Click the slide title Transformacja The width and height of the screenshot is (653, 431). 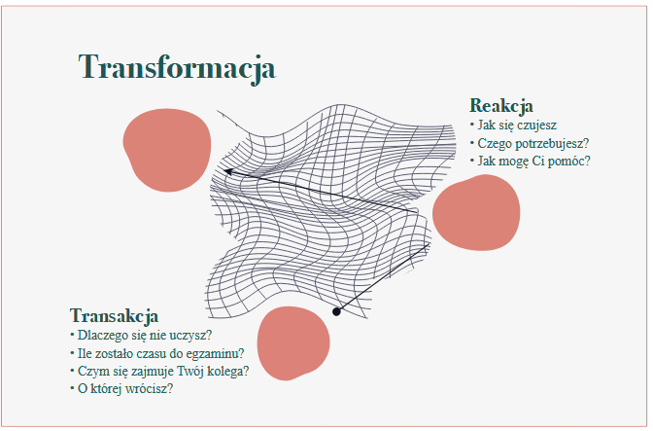pyautogui.click(x=177, y=68)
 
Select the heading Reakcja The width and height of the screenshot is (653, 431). pyautogui.click(x=501, y=106)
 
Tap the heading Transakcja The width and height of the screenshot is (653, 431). pyautogui.click(x=114, y=316)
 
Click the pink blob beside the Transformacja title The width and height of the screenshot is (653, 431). pyautogui.click(x=167, y=150)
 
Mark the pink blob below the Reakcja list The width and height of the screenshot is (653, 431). pyautogui.click(x=476, y=213)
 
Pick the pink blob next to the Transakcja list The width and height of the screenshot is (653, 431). pyautogui.click(x=293, y=343)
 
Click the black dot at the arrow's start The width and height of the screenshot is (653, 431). pyautogui.click(x=336, y=311)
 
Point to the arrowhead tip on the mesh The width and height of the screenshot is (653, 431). pyautogui.click(x=224, y=170)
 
